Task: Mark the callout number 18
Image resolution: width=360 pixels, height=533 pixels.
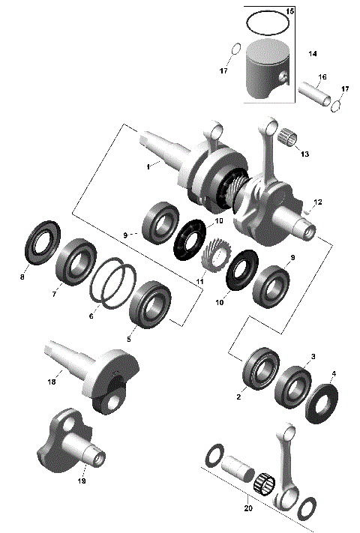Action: (52, 382)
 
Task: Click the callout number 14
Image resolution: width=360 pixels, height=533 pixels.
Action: (313, 55)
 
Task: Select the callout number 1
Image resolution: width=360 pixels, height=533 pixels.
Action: (148, 166)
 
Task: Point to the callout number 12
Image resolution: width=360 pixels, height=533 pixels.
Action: (317, 202)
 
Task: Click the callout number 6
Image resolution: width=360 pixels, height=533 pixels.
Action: (91, 316)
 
